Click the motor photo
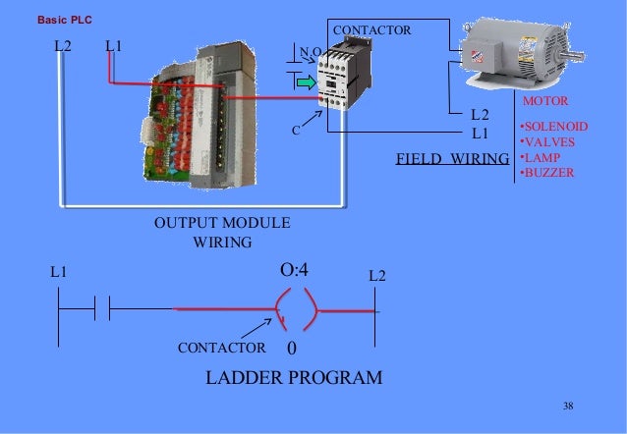498,56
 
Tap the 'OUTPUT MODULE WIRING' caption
221,232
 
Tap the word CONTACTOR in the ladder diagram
221,348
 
